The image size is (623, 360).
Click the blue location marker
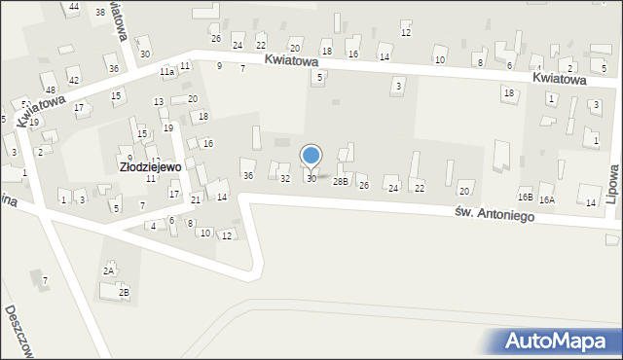click(x=311, y=157)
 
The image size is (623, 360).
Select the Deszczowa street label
click(x=20, y=331)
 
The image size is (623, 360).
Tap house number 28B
click(x=340, y=181)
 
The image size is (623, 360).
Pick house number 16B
click(x=525, y=198)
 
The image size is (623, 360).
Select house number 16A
click(x=547, y=199)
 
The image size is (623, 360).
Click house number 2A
click(x=109, y=270)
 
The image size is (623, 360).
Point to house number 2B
click(x=124, y=292)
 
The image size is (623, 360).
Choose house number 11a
click(x=166, y=72)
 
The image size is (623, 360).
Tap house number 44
click(x=74, y=7)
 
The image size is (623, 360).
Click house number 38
click(x=100, y=12)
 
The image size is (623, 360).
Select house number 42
click(x=73, y=80)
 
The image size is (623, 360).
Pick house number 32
click(x=285, y=179)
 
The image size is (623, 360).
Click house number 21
click(x=196, y=199)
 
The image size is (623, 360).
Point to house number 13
click(x=158, y=102)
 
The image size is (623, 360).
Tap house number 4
click(x=153, y=226)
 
